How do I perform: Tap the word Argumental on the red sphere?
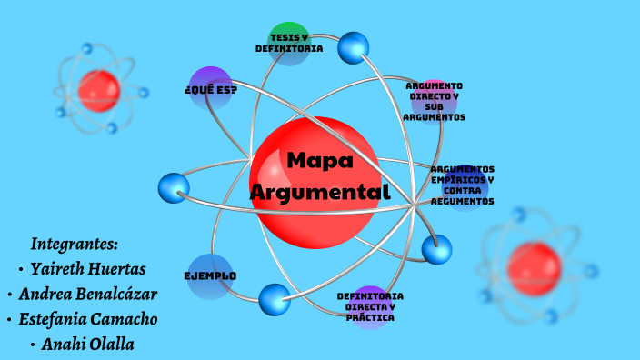[319, 193]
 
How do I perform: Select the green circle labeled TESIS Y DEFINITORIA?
[289, 42]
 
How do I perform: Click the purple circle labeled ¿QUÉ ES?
[211, 89]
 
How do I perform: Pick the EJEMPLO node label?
[210, 275]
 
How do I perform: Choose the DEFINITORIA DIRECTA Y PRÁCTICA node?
[370, 307]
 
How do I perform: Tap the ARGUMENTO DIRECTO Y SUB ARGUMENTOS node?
[435, 101]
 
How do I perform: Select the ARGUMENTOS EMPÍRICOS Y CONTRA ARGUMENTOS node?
[463, 185]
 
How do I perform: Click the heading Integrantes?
[75, 244]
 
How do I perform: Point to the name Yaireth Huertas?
[88, 269]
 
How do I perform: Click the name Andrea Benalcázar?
[87, 295]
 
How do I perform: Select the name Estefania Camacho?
[88, 319]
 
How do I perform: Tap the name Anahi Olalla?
[89, 345]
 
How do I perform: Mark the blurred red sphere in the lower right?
[535, 263]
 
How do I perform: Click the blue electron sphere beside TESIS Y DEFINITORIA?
[354, 48]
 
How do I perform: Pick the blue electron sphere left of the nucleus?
[174, 188]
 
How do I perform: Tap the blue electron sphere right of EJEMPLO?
[275, 299]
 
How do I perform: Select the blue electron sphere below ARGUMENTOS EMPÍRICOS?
[437, 249]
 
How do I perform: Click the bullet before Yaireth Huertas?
[21, 270]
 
